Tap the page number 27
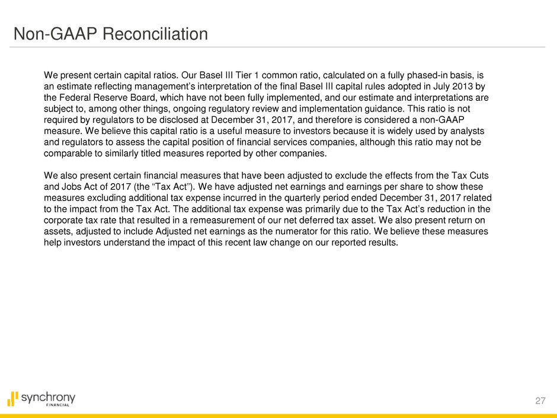(537, 401)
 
